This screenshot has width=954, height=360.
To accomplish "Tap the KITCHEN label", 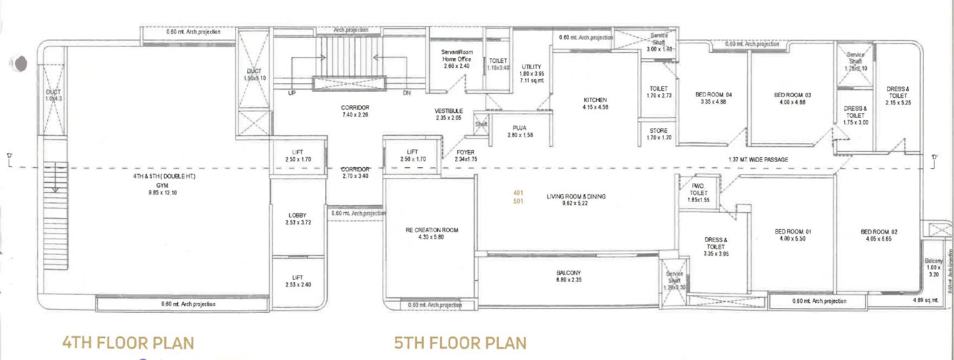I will [x=595, y=100].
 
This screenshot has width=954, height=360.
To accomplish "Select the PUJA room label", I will [x=519, y=128].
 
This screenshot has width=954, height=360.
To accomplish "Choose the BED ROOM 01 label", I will [x=793, y=231].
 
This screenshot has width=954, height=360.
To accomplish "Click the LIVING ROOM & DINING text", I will [x=576, y=196].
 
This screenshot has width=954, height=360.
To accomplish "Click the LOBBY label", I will [x=297, y=215].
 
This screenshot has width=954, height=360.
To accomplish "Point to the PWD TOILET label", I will [x=699, y=189].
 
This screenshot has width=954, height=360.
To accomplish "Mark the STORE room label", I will [x=658, y=129].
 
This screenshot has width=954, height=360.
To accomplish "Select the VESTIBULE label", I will [x=449, y=111].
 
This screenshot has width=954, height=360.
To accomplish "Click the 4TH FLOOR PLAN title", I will [x=128, y=344].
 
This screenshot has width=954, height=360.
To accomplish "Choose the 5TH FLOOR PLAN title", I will [x=461, y=344].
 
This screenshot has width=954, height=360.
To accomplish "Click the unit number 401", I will [x=518, y=192].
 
